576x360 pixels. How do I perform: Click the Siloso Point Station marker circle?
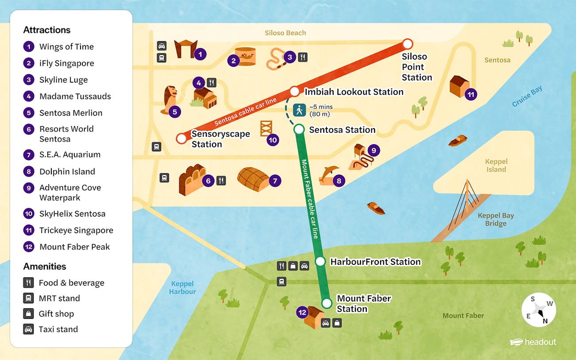pyautogui.click(x=408, y=44)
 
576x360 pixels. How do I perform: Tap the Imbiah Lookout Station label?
pyautogui.click(x=354, y=92)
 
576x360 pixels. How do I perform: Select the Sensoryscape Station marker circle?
pyautogui.click(x=181, y=138)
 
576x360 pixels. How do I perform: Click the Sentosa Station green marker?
pyautogui.click(x=299, y=129)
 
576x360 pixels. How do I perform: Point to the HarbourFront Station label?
pyautogui.click(x=375, y=262)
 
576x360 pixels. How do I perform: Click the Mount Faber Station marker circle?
pyautogui.click(x=326, y=303)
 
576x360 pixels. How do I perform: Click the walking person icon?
pyautogui.click(x=300, y=110)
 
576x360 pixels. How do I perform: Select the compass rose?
pyautogui.click(x=538, y=310)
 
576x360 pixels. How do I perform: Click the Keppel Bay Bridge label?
pyautogui.click(x=495, y=219)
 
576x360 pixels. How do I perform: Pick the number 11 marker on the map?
pyautogui.click(x=471, y=94)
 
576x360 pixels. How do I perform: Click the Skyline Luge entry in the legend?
pyautogui.click(x=63, y=80)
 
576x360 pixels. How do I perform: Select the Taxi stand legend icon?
pyautogui.click(x=29, y=329)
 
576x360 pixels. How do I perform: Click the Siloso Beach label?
pyautogui.click(x=285, y=33)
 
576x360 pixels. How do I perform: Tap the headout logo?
pyautogui.click(x=533, y=342)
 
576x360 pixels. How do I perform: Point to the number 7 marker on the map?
pyautogui.click(x=275, y=180)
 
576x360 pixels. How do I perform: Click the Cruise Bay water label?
pyautogui.click(x=527, y=96)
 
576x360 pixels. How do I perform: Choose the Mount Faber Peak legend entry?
pyautogui.click(x=74, y=247)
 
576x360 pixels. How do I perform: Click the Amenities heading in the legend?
pyautogui.click(x=45, y=267)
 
